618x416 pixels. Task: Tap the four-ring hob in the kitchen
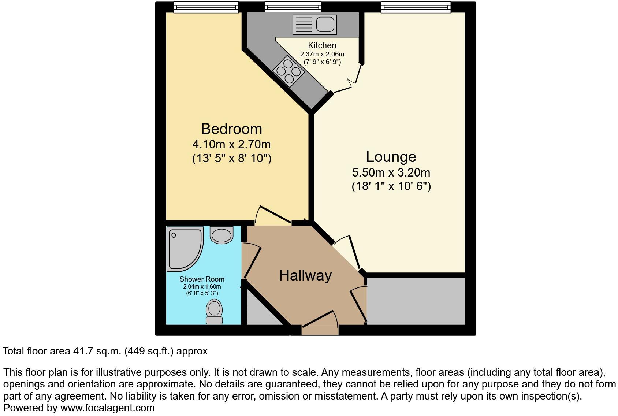(x=288, y=71)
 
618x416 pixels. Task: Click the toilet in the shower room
(x=214, y=311)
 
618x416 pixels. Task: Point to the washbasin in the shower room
(x=221, y=235)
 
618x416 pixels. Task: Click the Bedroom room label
(x=231, y=129)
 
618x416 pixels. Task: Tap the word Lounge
(x=391, y=157)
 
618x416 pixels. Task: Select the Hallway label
(x=305, y=275)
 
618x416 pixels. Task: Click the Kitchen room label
(x=322, y=45)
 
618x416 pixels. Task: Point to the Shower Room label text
(x=202, y=279)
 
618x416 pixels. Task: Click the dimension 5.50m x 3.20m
(x=391, y=172)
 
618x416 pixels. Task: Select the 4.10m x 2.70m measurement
(x=231, y=144)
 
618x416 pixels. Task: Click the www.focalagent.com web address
(x=107, y=408)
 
